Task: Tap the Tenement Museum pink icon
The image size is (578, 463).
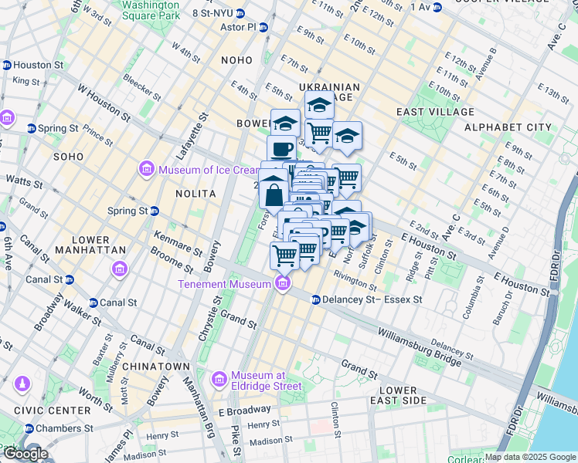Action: point(283,284)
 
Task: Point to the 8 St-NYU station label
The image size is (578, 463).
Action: point(212,13)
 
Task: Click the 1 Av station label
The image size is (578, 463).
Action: point(420,7)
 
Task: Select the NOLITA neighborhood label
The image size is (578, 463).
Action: point(194,193)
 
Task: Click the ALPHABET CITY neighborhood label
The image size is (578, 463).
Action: point(507,127)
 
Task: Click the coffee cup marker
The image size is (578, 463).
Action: point(281,148)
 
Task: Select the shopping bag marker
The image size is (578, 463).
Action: point(274,194)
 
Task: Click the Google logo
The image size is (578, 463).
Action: point(25,453)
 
